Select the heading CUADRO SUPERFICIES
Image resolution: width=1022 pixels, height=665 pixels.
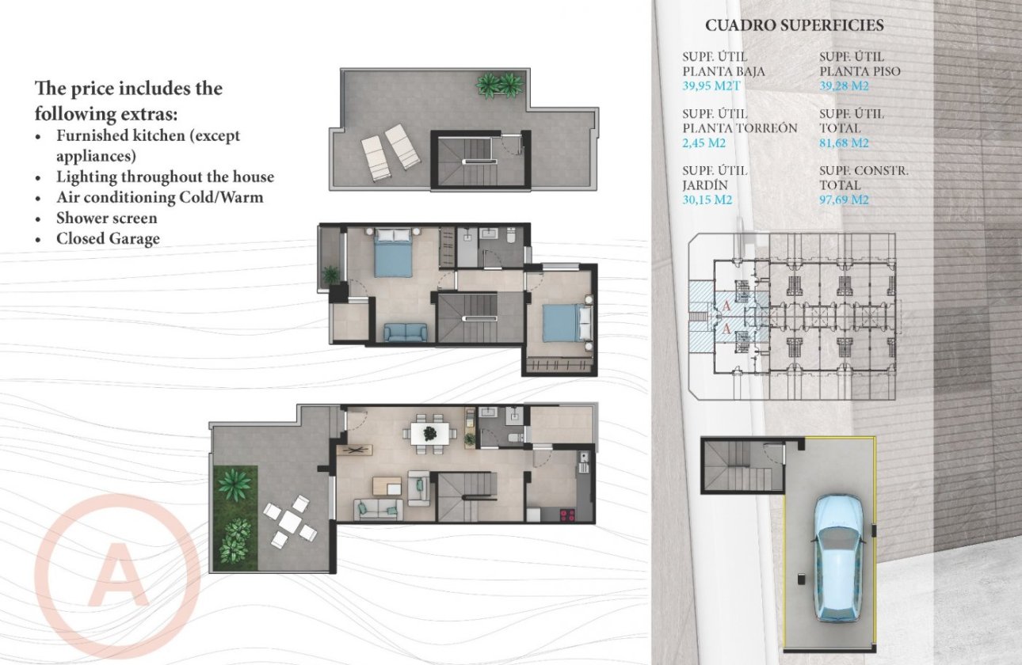794,25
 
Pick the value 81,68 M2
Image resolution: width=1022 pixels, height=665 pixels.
845,143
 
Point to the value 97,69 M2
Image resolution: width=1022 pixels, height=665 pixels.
845,200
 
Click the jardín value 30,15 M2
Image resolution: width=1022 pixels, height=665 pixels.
707,200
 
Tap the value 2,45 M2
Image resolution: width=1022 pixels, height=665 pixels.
704,143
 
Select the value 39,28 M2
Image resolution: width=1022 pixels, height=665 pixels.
845,86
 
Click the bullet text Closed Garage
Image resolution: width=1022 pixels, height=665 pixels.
108,238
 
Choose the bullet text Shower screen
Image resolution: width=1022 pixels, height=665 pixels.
106,218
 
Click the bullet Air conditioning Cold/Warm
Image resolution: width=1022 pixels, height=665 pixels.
159,197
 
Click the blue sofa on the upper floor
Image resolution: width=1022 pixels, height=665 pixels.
406,332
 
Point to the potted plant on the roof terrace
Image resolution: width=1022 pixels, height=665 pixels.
500,85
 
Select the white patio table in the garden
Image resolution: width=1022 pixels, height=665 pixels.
290,522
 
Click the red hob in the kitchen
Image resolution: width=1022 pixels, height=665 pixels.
568,515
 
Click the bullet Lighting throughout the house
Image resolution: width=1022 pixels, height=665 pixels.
165,177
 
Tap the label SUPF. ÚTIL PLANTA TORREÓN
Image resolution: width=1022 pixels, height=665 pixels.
739,121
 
